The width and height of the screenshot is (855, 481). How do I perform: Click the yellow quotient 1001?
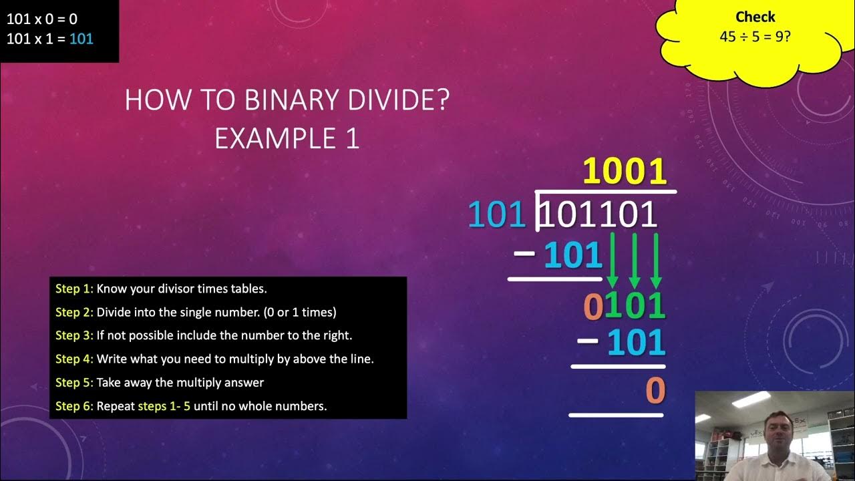[x=625, y=172]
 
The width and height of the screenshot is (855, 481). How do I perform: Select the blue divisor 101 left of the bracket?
[x=497, y=215]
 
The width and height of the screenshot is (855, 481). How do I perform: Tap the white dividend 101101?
[x=598, y=215]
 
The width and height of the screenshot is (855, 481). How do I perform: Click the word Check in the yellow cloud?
[x=755, y=17]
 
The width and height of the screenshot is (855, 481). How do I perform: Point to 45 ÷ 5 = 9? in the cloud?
[x=755, y=36]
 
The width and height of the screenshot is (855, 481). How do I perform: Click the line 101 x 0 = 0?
[x=42, y=19]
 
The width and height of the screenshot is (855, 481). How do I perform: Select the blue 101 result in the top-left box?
[x=81, y=39]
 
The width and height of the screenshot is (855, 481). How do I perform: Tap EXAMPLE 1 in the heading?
[x=287, y=138]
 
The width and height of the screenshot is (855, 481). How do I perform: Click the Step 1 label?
[x=74, y=289]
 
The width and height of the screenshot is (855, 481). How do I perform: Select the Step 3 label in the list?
[x=74, y=335]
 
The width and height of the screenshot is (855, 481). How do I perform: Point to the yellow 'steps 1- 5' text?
[x=164, y=406]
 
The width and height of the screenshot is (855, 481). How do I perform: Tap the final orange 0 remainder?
[x=655, y=391]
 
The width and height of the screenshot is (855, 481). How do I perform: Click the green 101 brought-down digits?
[x=635, y=306]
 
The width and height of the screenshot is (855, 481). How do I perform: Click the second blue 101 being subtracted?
[x=636, y=343]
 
